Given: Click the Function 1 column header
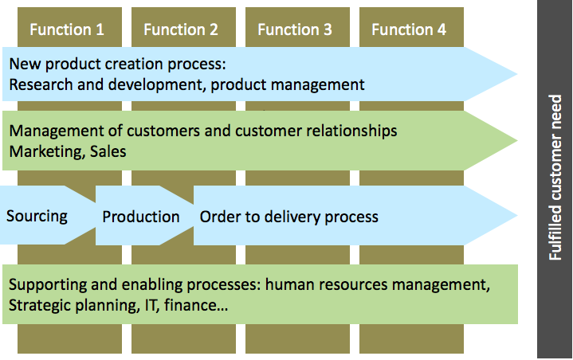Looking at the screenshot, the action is point(67,29).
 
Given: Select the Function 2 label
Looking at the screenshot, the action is point(181,29).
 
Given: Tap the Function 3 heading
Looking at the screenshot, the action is point(295,29).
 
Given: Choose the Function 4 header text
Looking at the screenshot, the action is point(409,29).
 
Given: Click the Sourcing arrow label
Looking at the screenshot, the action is point(37,217).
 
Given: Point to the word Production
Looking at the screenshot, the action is point(141,217).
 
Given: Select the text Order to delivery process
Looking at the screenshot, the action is point(288,217).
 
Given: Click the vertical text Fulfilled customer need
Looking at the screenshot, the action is point(555,178).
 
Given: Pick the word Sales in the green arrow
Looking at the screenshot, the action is point(108,151).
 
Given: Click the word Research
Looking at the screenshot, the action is point(41,84).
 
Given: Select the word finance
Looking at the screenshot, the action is point(196,305).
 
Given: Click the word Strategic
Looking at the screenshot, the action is point(40,306).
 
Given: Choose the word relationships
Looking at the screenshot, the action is point(351,131).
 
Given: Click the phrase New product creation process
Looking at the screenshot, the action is point(118,65).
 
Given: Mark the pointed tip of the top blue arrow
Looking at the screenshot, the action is point(517,74).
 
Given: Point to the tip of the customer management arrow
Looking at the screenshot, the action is point(517,140).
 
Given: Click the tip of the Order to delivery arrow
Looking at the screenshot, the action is point(517,215).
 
